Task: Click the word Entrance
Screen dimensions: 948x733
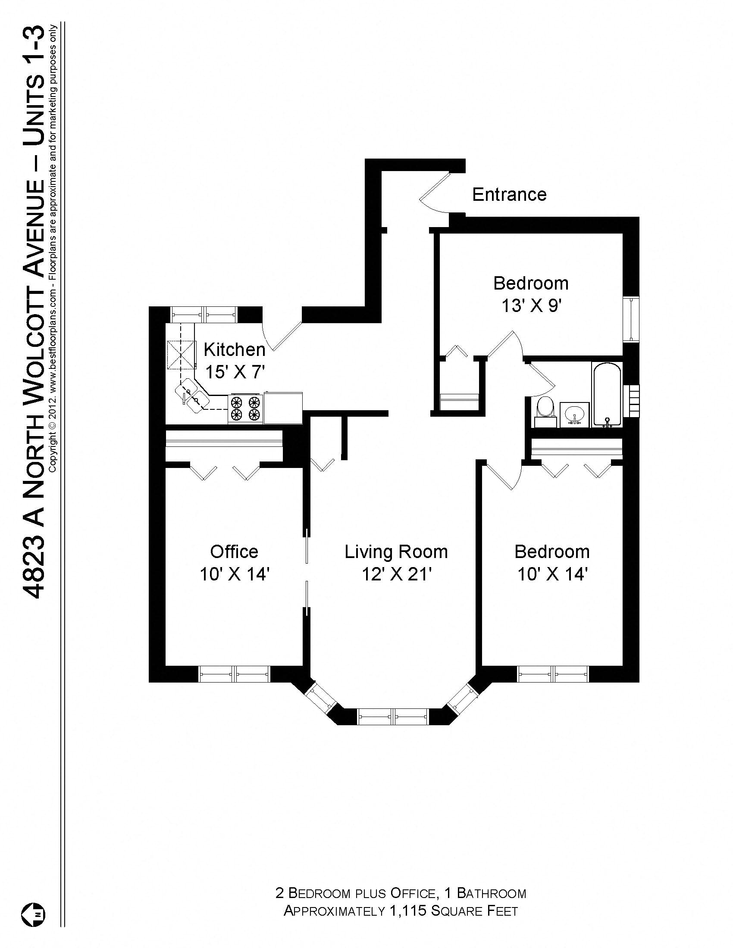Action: coord(509,194)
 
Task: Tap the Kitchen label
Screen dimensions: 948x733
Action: coord(234,349)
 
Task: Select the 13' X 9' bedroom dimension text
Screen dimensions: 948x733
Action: coord(532,306)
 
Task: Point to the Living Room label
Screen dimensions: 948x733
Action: coord(396,552)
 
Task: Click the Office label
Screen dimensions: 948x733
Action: coord(234,552)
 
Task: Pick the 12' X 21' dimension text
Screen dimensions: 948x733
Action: coord(396,575)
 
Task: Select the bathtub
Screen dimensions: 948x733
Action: coord(607,395)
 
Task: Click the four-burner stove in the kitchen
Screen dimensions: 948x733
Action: coord(245,408)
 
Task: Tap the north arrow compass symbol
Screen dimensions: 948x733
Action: coord(34,914)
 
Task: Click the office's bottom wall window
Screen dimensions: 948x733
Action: coord(234,674)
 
